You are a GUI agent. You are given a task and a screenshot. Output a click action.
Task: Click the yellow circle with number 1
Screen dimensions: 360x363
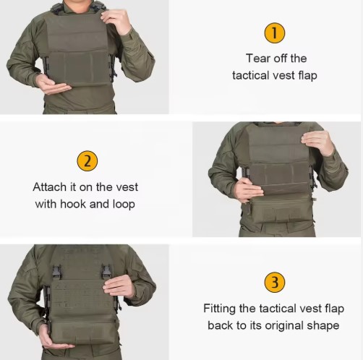274,33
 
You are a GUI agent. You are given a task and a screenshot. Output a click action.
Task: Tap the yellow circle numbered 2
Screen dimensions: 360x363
86,160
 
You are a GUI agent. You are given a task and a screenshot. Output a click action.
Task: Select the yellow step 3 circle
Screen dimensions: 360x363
274,282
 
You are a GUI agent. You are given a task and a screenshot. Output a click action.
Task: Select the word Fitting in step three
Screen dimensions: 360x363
220,308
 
